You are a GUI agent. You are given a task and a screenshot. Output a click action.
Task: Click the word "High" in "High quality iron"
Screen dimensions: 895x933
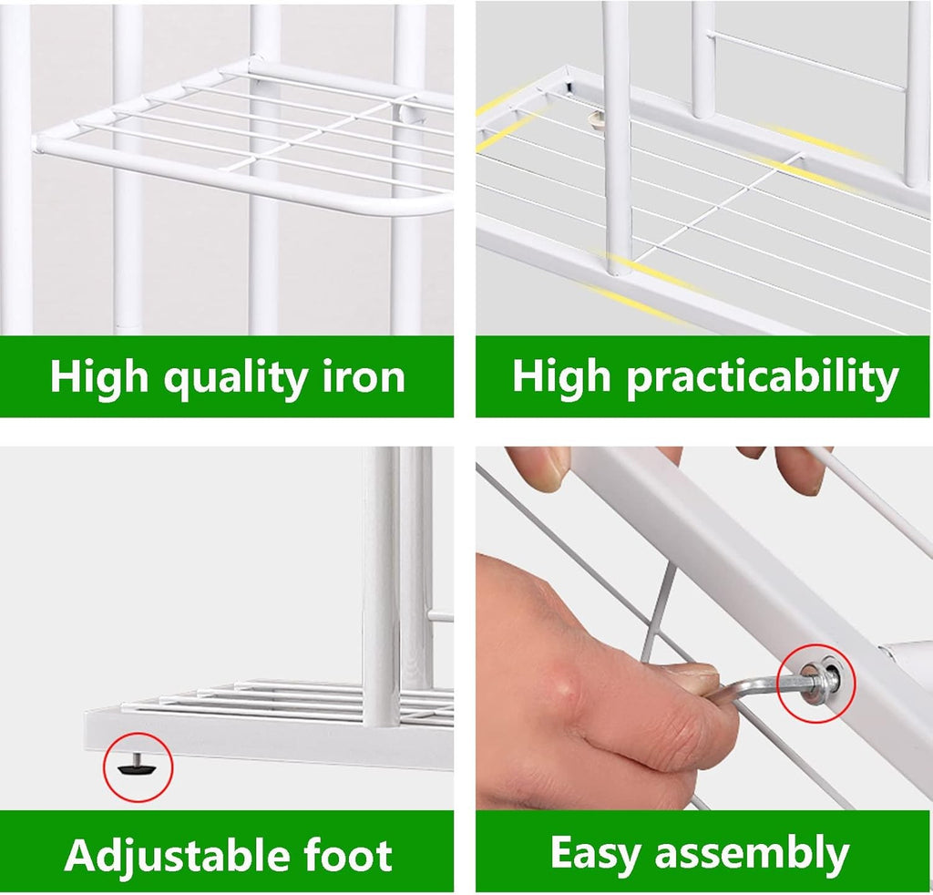pos(98,376)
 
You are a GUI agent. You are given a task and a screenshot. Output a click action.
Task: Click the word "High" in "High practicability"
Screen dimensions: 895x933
pos(561,376)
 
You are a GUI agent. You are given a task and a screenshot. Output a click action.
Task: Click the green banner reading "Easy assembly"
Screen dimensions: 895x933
pos(702,852)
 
